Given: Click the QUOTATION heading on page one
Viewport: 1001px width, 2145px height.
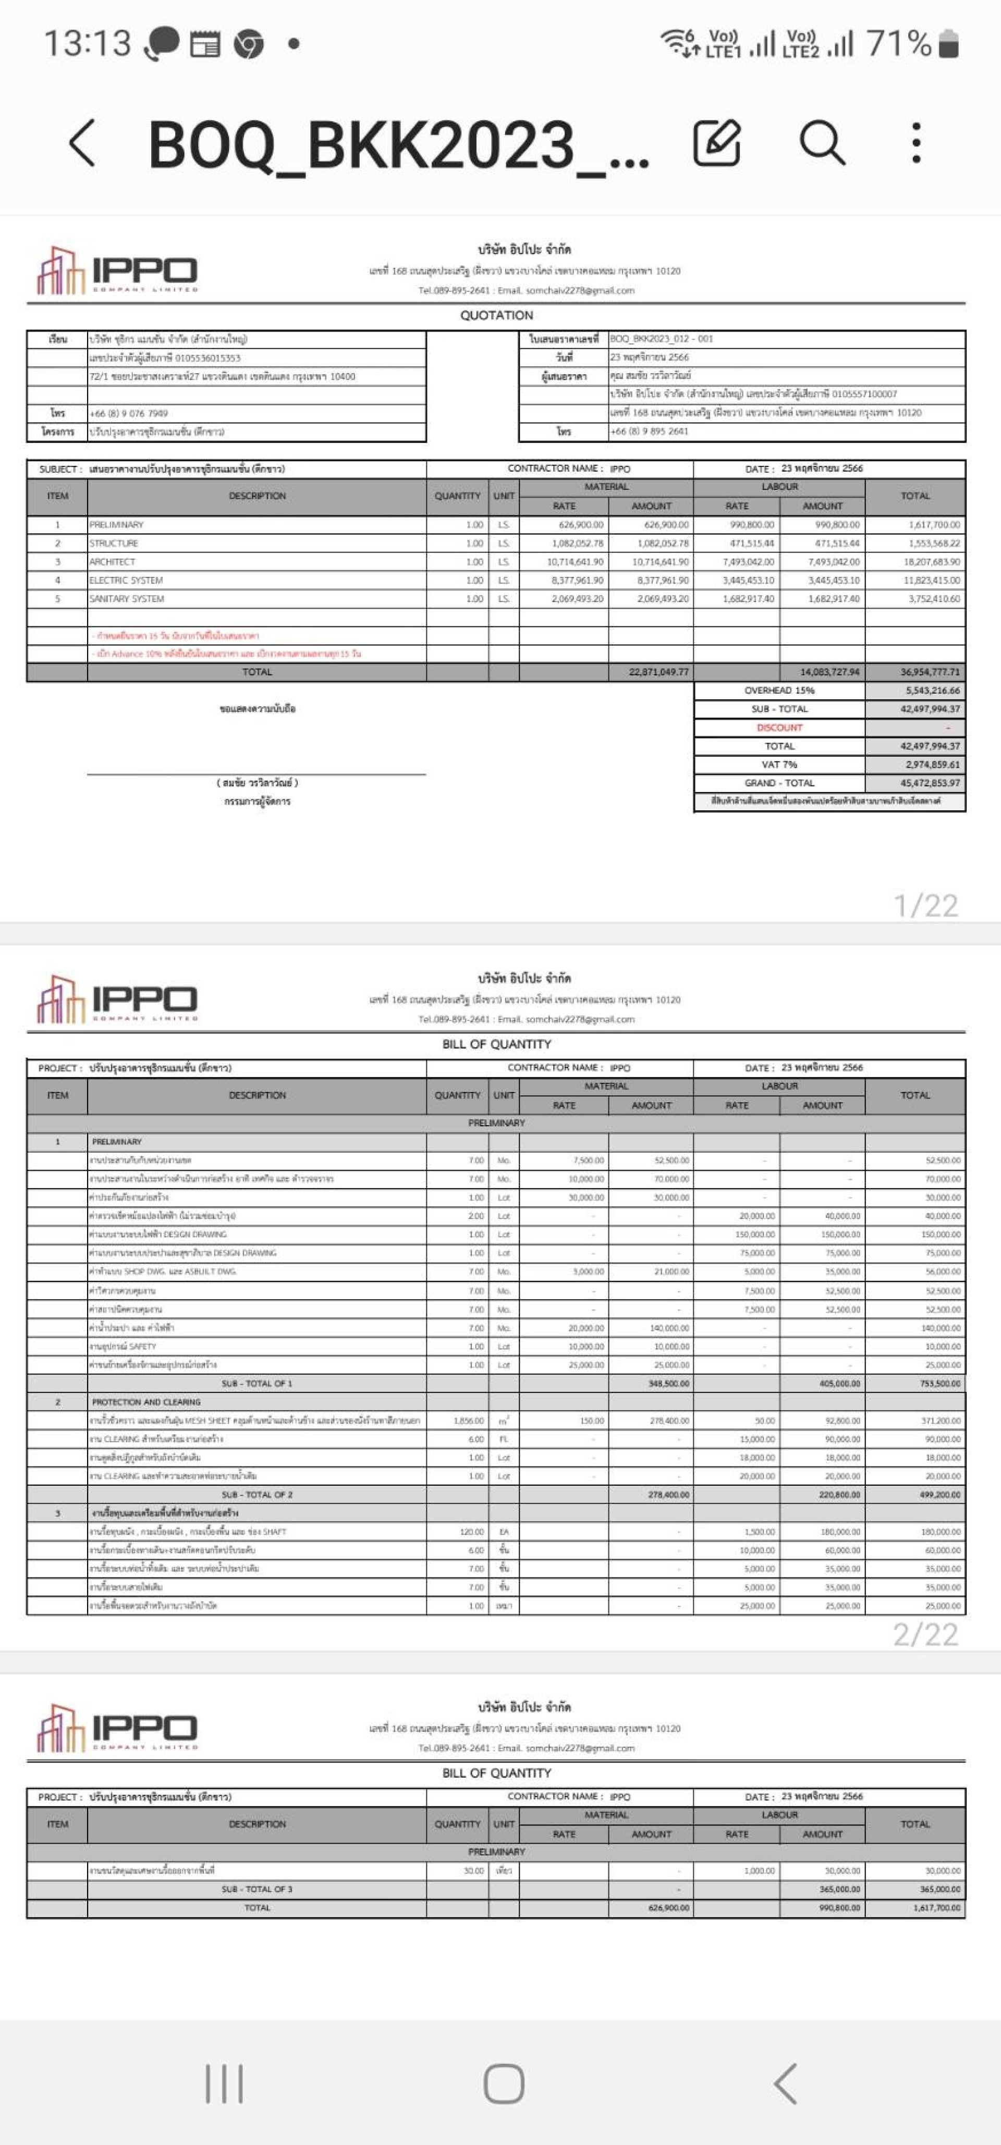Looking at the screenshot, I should point(496,315).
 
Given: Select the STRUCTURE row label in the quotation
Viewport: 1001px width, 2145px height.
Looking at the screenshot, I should point(114,543).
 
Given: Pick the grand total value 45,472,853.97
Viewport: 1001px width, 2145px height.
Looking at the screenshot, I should point(930,783).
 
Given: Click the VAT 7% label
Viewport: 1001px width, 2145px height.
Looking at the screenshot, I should point(779,765).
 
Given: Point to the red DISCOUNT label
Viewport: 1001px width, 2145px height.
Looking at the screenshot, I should point(779,728).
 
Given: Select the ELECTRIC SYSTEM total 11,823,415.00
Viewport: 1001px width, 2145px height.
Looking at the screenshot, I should point(931,581).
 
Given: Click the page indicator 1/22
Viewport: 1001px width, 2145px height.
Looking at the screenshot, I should point(925,905).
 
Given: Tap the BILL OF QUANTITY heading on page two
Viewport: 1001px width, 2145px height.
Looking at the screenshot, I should point(496,1044).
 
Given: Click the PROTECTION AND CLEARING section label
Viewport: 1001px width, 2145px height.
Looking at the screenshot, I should point(146,1402).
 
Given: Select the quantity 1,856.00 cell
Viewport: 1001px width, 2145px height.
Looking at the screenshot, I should point(468,1421).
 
